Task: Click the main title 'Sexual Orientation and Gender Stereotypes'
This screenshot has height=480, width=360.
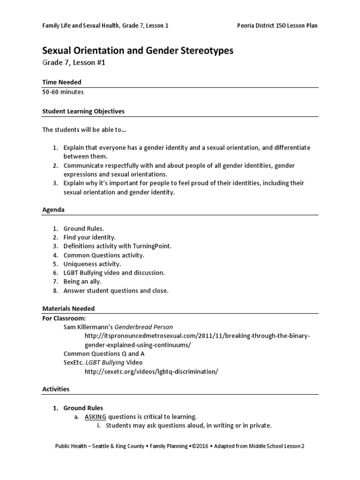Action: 138,51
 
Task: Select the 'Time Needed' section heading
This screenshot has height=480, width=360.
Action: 62,82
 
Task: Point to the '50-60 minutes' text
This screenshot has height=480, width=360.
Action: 63,92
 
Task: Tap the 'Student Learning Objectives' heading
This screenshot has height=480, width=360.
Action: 83,111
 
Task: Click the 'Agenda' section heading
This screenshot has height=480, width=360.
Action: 53,210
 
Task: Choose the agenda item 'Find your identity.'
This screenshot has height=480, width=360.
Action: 90,238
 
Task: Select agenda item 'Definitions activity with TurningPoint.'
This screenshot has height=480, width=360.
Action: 118,246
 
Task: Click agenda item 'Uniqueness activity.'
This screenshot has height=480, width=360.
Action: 92,264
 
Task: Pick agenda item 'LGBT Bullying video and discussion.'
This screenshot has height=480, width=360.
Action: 114,273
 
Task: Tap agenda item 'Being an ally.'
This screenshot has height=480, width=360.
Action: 82,282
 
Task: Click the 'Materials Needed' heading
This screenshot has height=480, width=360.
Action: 68,308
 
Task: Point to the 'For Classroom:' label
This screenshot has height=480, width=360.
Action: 64,318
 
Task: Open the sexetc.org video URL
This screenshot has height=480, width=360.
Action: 151,371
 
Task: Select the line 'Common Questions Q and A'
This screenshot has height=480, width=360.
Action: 101,353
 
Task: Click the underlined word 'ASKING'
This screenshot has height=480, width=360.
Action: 96,417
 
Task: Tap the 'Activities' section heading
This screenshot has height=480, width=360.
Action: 56,389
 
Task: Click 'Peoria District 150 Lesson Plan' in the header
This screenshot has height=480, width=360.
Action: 277,25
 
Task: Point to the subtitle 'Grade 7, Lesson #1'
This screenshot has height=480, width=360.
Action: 74,62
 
